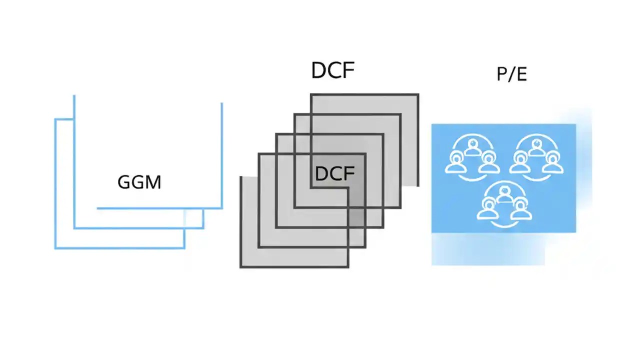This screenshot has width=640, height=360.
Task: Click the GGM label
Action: tap(139, 182)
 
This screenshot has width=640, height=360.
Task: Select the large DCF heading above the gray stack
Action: tap(332, 70)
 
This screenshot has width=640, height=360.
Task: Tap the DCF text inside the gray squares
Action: tap(334, 173)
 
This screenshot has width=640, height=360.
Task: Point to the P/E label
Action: tap(511, 74)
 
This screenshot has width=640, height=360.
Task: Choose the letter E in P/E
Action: tap(521, 74)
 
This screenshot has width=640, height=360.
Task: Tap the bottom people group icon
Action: tap(504, 202)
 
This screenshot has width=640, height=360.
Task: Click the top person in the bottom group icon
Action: tap(504, 192)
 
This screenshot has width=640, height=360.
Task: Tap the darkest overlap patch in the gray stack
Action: tap(356, 217)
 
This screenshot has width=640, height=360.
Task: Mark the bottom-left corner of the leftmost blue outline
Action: tap(55, 247)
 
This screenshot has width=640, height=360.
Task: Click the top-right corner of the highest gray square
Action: tap(417, 94)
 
